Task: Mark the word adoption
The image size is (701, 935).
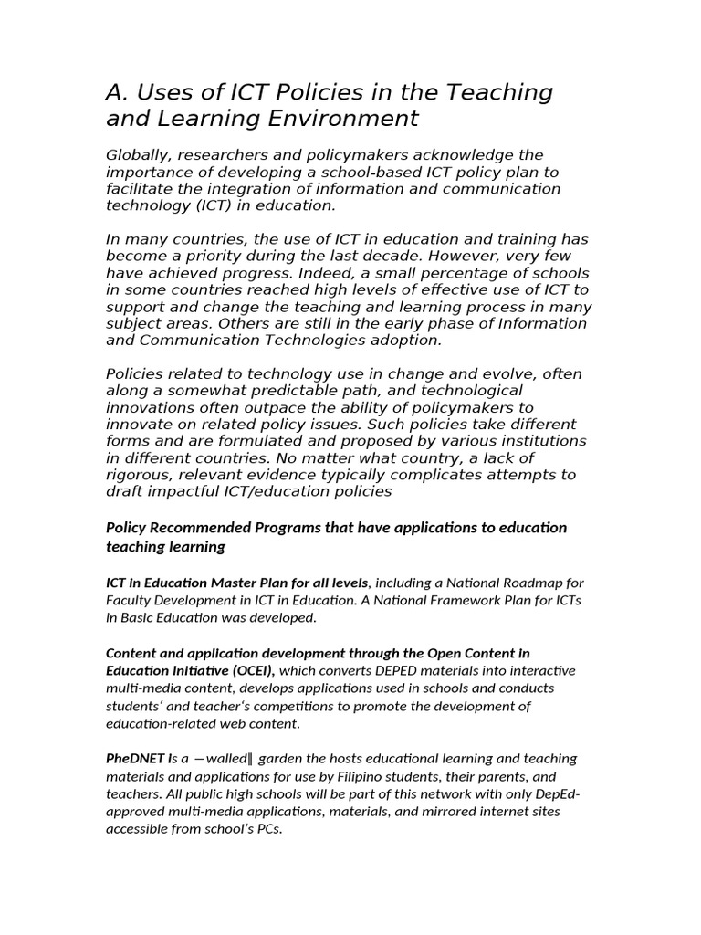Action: [404, 340]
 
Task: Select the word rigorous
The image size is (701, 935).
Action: [139, 475]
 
